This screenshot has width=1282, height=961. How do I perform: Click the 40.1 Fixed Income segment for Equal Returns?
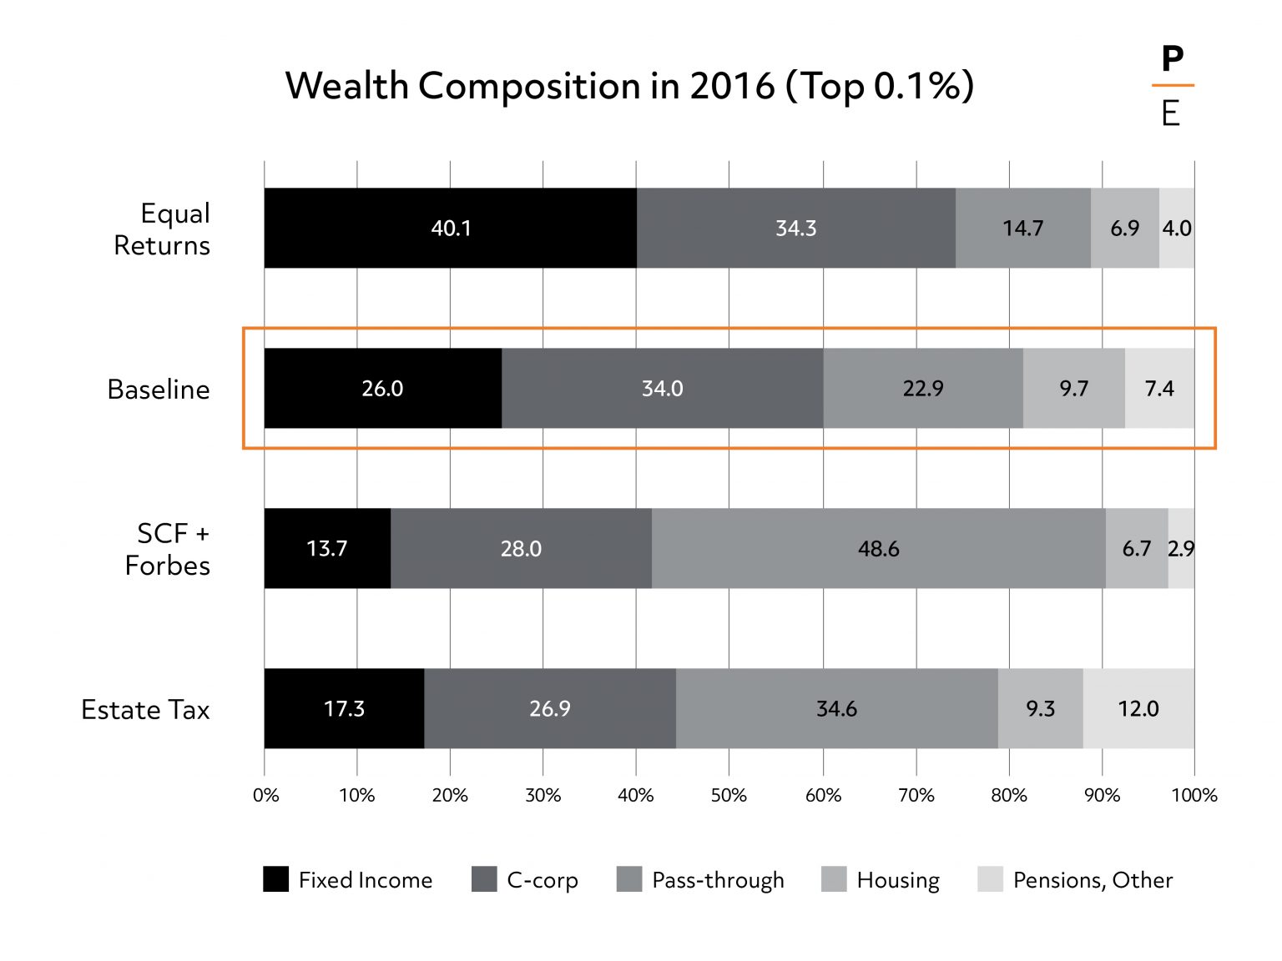[x=451, y=228]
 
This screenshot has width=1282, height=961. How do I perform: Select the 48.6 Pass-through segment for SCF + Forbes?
[x=878, y=548]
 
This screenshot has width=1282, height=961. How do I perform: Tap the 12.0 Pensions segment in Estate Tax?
[x=1138, y=708]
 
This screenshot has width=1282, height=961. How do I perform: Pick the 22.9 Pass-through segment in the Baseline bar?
[x=923, y=388]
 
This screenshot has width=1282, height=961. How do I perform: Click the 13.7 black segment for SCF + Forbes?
[x=327, y=548]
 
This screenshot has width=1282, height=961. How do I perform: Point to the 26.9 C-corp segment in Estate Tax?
[x=549, y=708]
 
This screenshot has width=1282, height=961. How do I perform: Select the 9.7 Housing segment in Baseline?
[x=1073, y=388]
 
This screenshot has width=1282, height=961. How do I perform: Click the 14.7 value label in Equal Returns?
[x=1022, y=229]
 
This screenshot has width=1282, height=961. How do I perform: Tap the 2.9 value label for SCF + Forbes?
[x=1181, y=549]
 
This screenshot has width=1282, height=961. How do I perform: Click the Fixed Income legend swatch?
[x=275, y=879]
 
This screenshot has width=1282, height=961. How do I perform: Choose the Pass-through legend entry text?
[x=718, y=880]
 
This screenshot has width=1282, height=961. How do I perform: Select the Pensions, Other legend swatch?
[x=990, y=879]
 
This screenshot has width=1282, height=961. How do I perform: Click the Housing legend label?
[x=898, y=880]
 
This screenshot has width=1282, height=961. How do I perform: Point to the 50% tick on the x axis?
[x=729, y=795]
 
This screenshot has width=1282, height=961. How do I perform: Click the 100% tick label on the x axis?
[x=1194, y=795]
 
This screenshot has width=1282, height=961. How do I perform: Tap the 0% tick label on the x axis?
[x=265, y=795]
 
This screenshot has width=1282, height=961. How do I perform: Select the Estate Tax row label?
[x=145, y=709]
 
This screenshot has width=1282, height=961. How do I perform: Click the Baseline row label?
[x=158, y=389]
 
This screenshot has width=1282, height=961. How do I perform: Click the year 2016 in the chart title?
[x=732, y=85]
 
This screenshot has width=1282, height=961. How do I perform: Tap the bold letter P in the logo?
[x=1172, y=59]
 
